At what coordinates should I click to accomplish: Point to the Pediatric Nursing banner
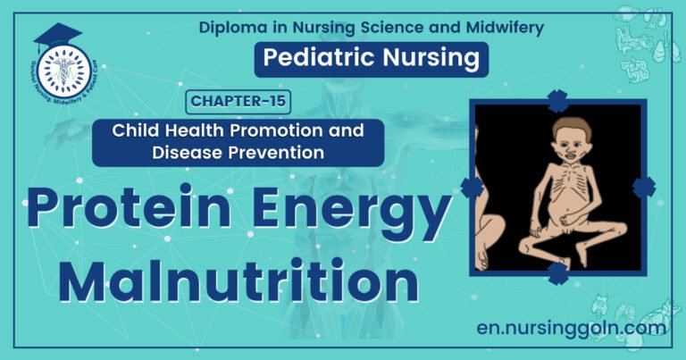coord(372,60)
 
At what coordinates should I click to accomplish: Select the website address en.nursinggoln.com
coord(573,328)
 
